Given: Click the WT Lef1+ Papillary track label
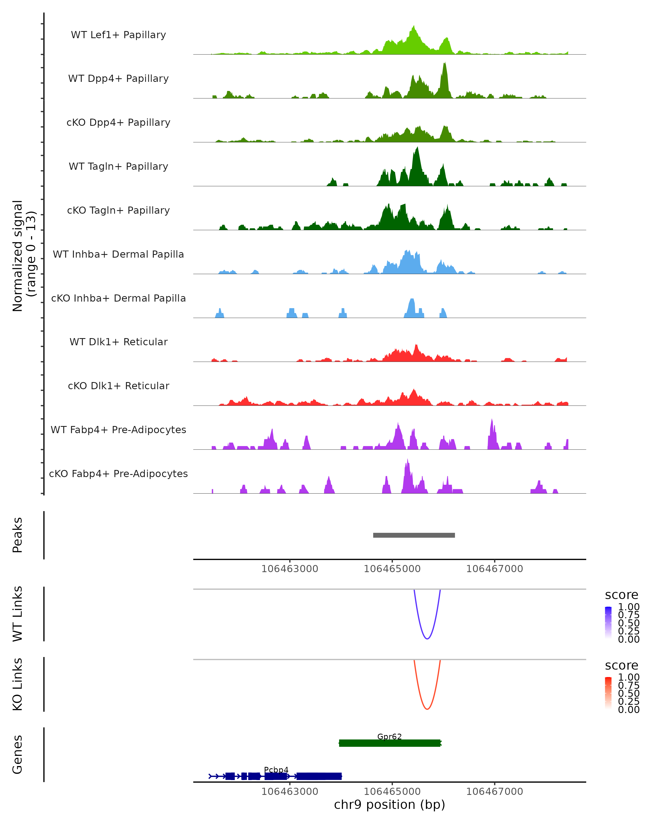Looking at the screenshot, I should click(118, 35).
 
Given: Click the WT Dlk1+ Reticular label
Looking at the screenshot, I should click(118, 342).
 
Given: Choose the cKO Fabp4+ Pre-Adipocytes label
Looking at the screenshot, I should click(118, 474).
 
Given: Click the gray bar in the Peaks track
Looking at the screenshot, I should click(414, 535).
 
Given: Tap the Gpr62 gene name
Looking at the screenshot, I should click(389, 736).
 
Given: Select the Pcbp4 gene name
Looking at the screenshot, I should click(276, 770).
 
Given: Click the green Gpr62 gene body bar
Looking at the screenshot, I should click(390, 743).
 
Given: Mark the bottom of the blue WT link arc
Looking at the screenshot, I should click(427, 639).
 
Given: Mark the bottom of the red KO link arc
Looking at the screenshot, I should click(427, 709).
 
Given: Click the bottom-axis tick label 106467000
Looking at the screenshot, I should click(494, 792).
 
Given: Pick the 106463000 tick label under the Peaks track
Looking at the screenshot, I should click(290, 569).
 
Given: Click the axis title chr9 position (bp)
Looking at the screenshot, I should click(389, 805).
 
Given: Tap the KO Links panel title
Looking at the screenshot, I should click(18, 684).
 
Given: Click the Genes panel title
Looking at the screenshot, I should click(18, 755).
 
